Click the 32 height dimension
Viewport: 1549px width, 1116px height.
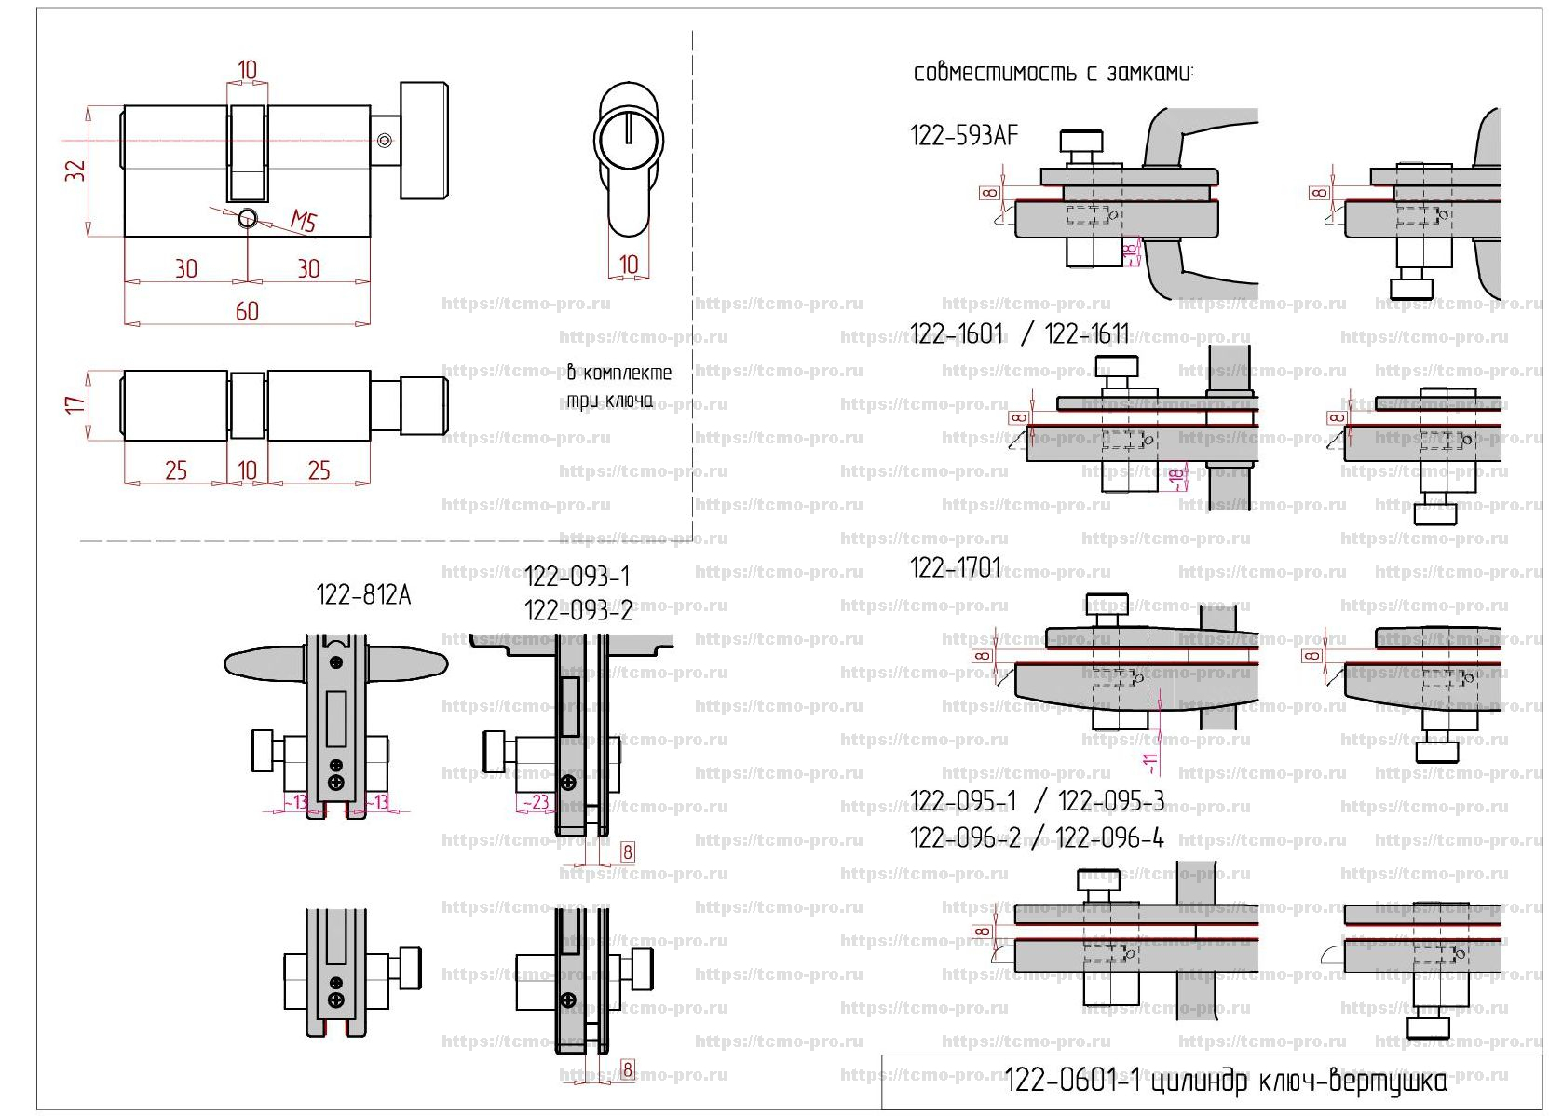coord(75,170)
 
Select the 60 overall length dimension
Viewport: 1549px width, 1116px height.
coord(247,311)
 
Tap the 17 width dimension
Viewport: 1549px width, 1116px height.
coord(75,404)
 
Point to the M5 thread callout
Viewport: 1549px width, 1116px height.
coord(304,221)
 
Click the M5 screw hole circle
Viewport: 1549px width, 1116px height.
coord(247,219)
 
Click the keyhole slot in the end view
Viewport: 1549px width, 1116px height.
coord(629,129)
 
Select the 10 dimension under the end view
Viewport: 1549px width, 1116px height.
coord(629,265)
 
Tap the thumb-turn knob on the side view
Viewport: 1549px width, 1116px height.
coord(424,140)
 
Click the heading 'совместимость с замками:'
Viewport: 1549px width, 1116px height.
coord(1053,73)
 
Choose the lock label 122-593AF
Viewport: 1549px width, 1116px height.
coord(964,136)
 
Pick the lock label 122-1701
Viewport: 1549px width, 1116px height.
coord(955,568)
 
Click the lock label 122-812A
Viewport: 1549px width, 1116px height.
coord(363,595)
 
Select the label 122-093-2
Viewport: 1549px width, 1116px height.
coord(578,611)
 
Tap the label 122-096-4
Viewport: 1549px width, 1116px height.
coord(1110,839)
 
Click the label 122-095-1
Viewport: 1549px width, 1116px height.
coord(963,801)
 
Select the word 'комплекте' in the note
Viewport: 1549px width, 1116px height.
coord(627,374)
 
